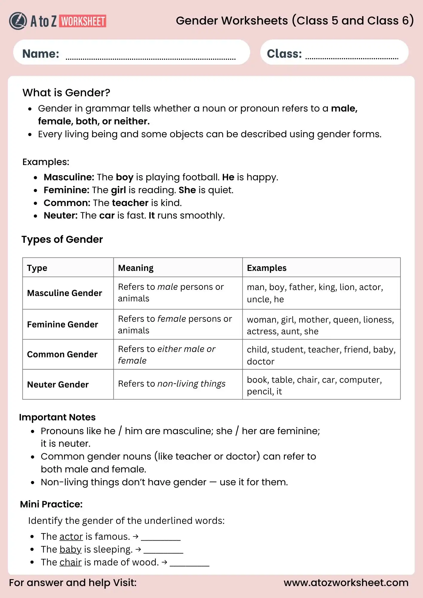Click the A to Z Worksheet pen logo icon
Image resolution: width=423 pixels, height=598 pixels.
click(18, 21)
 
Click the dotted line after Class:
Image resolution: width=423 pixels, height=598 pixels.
click(352, 58)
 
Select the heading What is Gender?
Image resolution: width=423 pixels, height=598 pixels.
click(66, 93)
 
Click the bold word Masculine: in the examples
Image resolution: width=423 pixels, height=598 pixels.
click(69, 177)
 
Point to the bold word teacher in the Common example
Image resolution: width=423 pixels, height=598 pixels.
click(130, 203)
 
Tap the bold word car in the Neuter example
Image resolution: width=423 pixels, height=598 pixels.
click(107, 216)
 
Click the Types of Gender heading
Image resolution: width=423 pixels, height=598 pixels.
click(62, 239)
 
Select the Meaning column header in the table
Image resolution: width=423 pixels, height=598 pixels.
click(136, 268)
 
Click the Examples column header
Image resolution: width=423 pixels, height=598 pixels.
click(267, 268)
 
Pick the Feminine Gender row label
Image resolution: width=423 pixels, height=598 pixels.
click(63, 324)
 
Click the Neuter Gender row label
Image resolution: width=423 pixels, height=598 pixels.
click(58, 385)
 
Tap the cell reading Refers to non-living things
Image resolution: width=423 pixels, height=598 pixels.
click(172, 384)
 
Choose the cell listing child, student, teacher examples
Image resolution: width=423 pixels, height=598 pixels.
click(321, 355)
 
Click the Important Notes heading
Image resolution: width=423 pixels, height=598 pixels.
click(57, 417)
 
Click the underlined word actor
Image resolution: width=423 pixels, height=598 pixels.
click(71, 537)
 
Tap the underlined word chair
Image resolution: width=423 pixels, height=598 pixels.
click(71, 562)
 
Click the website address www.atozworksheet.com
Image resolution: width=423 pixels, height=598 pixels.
click(346, 583)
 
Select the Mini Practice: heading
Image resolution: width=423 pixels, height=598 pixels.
click(51, 504)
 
